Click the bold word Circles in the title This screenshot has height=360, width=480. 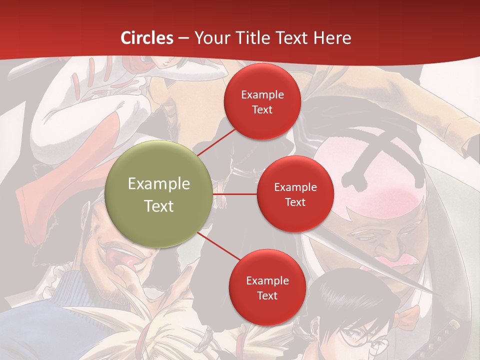147,38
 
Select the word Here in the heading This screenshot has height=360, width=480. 332,38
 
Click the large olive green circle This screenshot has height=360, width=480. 159,194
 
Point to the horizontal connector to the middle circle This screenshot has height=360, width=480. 234,194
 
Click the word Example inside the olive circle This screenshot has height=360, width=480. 159,184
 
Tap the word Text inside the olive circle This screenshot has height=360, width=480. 159,206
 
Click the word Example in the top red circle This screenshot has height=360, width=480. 262,94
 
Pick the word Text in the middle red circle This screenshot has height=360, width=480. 295,202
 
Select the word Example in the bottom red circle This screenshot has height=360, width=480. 267,280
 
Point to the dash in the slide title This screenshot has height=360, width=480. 183,38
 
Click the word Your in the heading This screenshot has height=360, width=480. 210,38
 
